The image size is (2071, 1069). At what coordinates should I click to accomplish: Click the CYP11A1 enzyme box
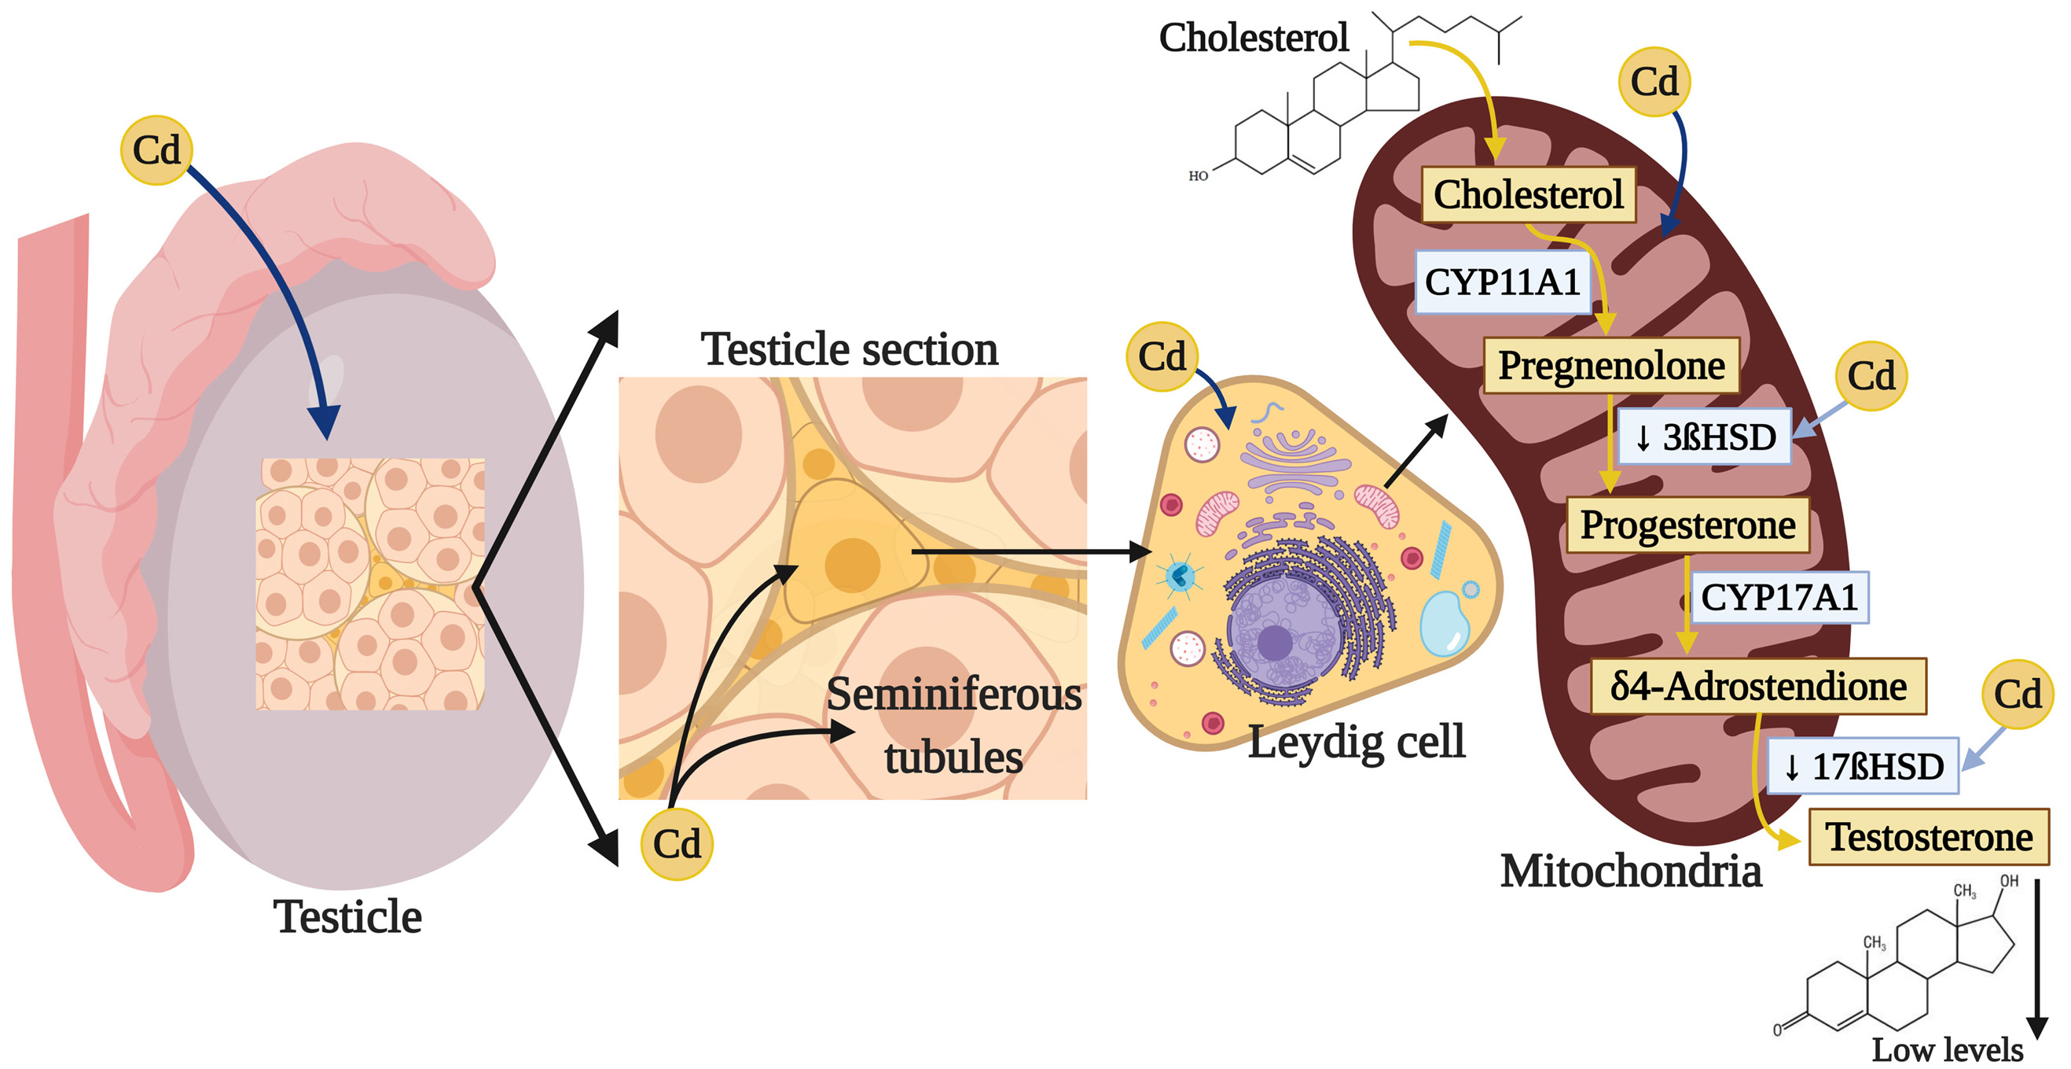tap(1502, 282)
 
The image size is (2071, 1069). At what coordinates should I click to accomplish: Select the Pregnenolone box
tap(1611, 366)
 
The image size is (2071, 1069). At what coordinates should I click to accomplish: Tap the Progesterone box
tap(1687, 525)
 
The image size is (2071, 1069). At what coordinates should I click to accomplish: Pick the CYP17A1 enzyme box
tap(1779, 598)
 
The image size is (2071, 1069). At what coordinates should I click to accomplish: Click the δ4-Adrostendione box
tap(1758, 687)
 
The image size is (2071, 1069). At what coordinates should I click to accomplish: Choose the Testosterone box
tap(1929, 837)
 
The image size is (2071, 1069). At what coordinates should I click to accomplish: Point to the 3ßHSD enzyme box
tap(1705, 437)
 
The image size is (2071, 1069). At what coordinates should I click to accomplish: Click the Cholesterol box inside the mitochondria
tap(1529, 194)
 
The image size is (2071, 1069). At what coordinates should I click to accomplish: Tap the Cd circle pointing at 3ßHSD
tap(1871, 377)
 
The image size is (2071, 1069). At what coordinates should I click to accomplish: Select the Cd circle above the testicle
tap(156, 150)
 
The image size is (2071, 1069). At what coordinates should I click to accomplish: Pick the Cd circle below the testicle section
tap(676, 845)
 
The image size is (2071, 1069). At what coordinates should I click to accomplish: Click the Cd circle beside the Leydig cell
tap(1162, 357)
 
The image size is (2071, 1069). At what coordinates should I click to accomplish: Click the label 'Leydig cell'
tap(1357, 742)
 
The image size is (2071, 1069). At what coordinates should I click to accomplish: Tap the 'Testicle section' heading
tap(849, 350)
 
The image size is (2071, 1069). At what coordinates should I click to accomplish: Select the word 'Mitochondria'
tap(1630, 872)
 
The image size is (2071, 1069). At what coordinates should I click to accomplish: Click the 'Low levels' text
tap(1947, 1049)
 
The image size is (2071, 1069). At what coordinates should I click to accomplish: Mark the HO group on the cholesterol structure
tap(1198, 176)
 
